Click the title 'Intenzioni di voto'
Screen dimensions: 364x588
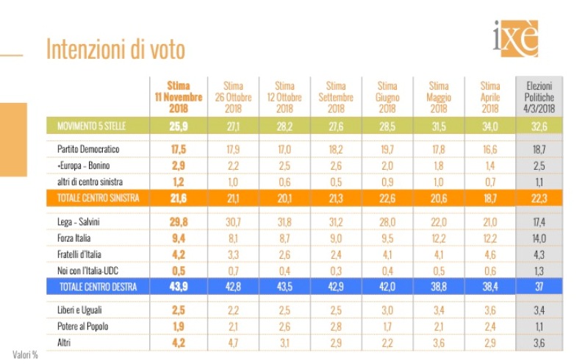tap(115, 49)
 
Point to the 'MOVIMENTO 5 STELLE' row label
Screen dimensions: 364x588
tap(92, 126)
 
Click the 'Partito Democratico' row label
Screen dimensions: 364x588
tap(88, 149)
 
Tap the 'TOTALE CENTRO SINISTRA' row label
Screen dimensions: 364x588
tap(98, 198)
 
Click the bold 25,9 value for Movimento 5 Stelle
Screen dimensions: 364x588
tap(179, 126)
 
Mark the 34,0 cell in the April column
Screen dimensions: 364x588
tap(490, 126)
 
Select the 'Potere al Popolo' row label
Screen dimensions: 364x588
tap(85, 326)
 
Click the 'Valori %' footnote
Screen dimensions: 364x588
tap(25, 354)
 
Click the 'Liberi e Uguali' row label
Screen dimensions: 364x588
tap(82, 310)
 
